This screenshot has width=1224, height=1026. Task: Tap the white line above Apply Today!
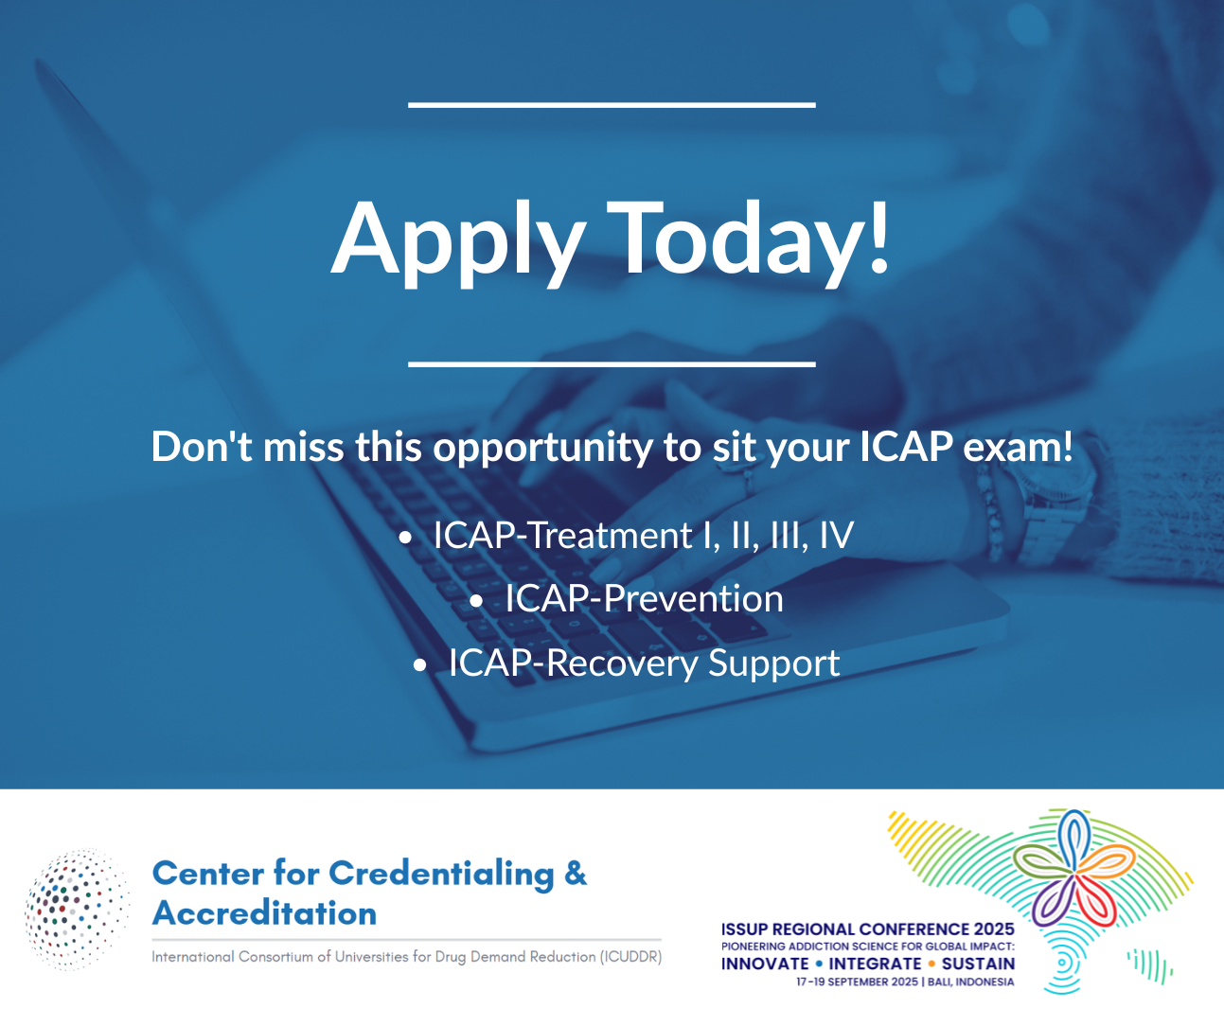coord(612,104)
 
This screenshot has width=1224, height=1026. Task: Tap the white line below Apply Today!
coord(612,363)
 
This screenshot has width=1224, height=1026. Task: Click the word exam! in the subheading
coord(1018,447)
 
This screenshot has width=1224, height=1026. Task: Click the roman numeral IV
coord(836,536)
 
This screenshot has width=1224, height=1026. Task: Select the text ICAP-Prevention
coord(644,599)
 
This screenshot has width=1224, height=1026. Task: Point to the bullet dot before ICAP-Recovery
coord(420,665)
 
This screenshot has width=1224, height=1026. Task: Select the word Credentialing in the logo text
coord(441,874)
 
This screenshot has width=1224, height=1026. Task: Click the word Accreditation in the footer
coord(265,913)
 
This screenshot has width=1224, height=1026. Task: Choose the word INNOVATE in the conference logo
coord(765,964)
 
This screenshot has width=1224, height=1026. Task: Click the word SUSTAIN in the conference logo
coord(978,964)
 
